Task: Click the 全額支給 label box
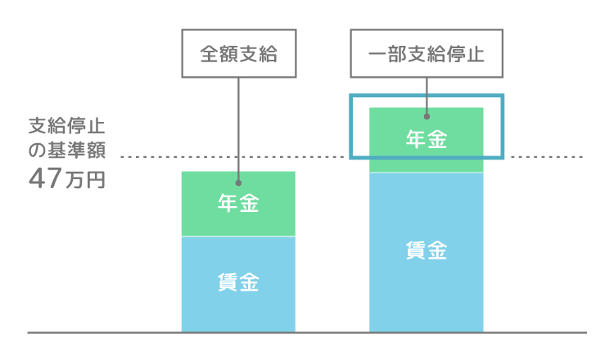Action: (x=239, y=53)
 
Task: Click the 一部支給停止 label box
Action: (x=427, y=53)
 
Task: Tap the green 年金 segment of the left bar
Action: (x=238, y=204)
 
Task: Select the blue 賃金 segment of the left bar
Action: (x=238, y=285)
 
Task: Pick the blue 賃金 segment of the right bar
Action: (x=427, y=252)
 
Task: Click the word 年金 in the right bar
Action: (x=427, y=139)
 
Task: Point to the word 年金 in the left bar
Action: (x=238, y=203)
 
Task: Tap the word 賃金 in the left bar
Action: (x=238, y=282)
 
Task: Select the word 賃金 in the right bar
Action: (x=427, y=250)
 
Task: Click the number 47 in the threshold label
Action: (x=45, y=178)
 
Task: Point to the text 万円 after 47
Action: (x=85, y=180)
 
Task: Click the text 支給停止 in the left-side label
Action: (x=67, y=126)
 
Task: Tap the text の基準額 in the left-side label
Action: (x=67, y=150)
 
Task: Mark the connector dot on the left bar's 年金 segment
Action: (x=238, y=182)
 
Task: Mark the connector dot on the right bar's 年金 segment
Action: (x=427, y=116)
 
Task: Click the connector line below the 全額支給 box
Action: (x=238, y=129)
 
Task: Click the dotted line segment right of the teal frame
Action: (x=547, y=157)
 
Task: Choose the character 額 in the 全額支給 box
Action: (x=229, y=54)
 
